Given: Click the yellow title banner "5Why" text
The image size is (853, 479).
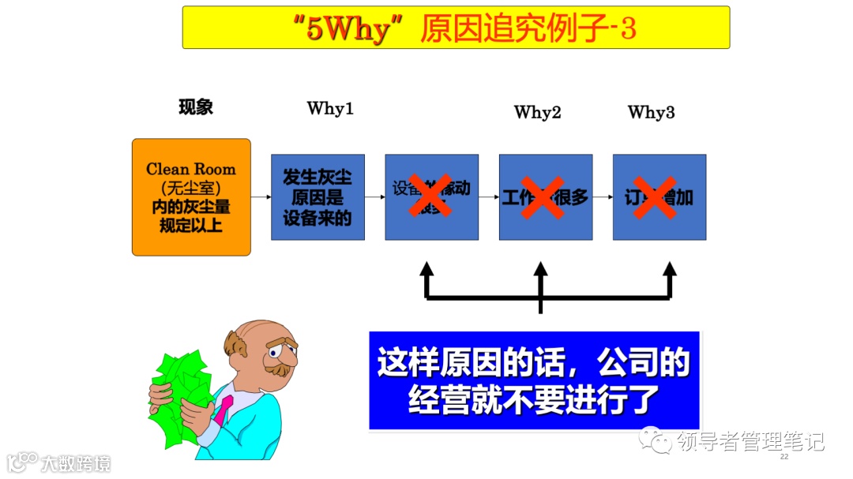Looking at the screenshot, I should (x=344, y=29).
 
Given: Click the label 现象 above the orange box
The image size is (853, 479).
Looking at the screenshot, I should (x=196, y=107).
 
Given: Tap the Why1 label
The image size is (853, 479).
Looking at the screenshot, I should (x=330, y=109).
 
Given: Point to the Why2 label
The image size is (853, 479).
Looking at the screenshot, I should (x=537, y=112).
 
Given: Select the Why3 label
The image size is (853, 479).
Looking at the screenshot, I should (x=651, y=112).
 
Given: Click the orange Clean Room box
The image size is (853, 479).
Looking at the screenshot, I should (x=191, y=197).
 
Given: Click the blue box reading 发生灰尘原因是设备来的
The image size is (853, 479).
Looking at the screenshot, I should (x=318, y=197).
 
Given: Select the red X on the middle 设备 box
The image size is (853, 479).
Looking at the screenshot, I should (x=430, y=196).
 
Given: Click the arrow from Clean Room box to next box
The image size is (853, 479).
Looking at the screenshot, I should (x=261, y=197).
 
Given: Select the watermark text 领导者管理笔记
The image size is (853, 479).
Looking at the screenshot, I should (x=750, y=441).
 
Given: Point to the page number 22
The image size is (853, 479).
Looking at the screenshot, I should (x=784, y=457).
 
